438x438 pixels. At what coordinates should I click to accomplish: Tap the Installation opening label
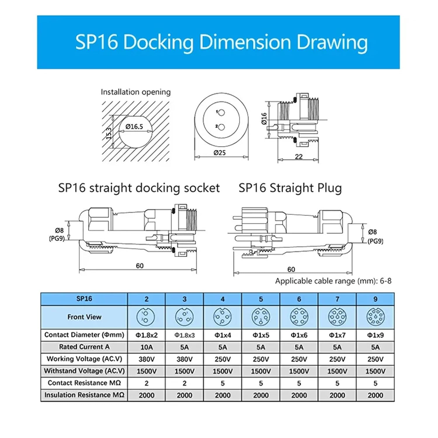[x=135, y=92]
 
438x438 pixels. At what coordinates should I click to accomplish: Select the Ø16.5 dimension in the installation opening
[x=134, y=126]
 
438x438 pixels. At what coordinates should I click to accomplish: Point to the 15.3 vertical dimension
[x=109, y=133]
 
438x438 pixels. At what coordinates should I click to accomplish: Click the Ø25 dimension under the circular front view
[x=220, y=152]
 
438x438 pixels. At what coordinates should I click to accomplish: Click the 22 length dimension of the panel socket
[x=298, y=157]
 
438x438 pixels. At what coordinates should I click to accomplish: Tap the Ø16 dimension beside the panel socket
[x=264, y=119]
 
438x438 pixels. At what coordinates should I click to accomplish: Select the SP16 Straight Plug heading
[x=290, y=188]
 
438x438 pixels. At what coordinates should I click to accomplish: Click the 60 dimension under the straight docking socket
[x=140, y=265]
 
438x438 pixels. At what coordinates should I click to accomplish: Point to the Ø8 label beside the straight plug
[x=372, y=232]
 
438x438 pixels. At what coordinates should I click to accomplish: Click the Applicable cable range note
[x=333, y=281]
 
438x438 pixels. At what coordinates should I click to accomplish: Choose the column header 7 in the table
[x=337, y=299]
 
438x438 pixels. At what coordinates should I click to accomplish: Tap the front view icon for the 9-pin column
[x=375, y=317]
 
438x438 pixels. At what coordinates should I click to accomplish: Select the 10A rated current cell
[x=146, y=347]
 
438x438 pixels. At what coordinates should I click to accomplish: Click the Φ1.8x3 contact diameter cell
[x=184, y=335]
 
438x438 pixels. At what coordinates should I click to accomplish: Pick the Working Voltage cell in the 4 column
[x=223, y=359]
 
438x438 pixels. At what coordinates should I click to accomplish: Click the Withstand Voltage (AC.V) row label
[x=84, y=371]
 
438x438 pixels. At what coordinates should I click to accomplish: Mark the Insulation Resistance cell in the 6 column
[x=299, y=395]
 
